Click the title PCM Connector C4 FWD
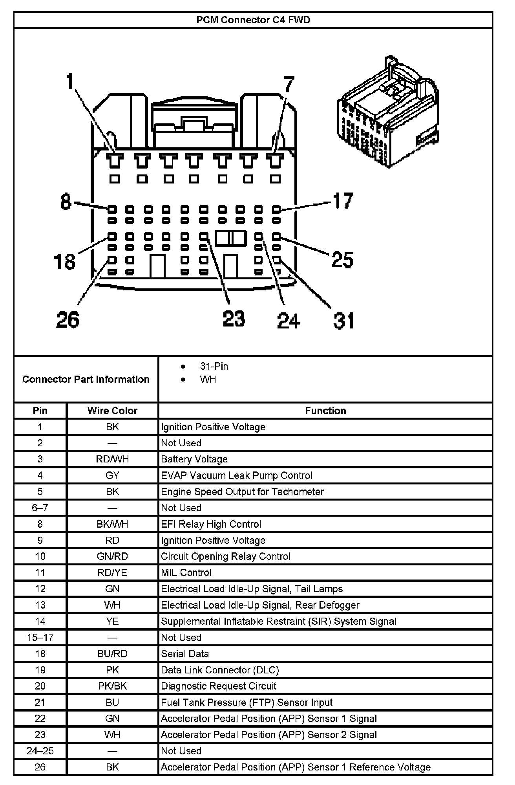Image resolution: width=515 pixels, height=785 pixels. pyautogui.click(x=253, y=20)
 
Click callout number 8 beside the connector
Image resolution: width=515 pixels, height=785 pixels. pyautogui.click(x=66, y=202)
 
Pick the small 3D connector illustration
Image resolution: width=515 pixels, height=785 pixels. pyautogui.click(x=388, y=112)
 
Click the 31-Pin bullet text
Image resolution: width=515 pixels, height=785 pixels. pyautogui.click(x=214, y=366)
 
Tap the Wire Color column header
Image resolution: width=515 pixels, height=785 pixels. pyautogui.click(x=112, y=411)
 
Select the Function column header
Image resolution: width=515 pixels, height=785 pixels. pyautogui.click(x=325, y=411)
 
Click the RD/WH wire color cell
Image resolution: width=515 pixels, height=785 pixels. pyautogui.click(x=112, y=459)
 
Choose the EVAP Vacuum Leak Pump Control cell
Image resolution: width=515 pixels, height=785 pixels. pyautogui.click(x=237, y=475)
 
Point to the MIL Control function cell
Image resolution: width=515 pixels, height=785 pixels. pyautogui.click(x=186, y=572)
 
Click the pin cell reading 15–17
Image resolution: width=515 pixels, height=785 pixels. pyautogui.click(x=40, y=637)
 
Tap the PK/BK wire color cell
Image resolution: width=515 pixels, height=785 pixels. pyautogui.click(x=112, y=686)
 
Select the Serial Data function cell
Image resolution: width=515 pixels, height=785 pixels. pyautogui.click(x=185, y=654)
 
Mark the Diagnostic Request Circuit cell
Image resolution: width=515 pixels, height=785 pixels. pyautogui.click(x=219, y=686)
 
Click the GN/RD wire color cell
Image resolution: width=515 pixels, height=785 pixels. pyautogui.click(x=112, y=556)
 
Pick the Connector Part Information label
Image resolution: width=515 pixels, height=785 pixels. pyautogui.click(x=86, y=379)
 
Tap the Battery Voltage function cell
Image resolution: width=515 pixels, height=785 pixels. pyautogui.click(x=194, y=459)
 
